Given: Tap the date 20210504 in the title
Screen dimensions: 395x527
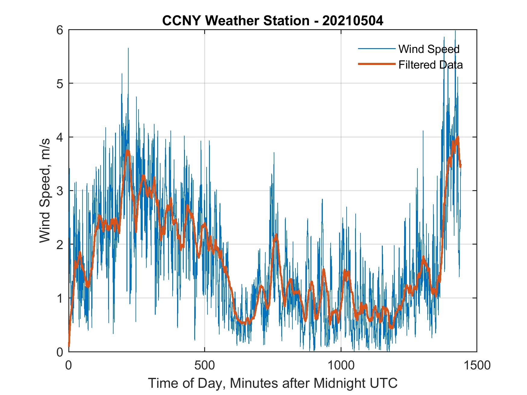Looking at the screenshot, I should [353, 21].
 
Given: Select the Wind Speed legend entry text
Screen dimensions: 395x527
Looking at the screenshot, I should [429, 49].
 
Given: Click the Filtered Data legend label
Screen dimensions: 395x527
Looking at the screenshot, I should [430, 65].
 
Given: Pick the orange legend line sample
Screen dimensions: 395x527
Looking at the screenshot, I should [376, 64].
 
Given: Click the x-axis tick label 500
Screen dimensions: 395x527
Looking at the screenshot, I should [204, 365].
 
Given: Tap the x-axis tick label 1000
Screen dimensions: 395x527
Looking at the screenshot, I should [341, 365].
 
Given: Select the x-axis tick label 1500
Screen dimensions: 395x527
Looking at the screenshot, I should [476, 365].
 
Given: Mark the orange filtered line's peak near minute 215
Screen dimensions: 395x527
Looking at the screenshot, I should [128, 151].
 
